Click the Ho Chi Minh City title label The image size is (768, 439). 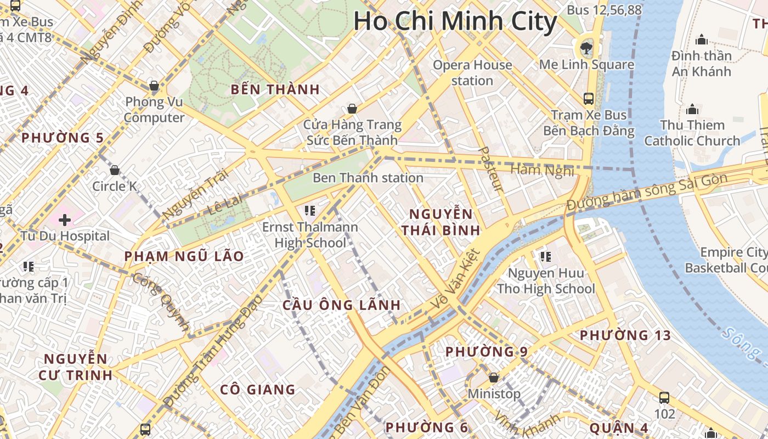(455, 22)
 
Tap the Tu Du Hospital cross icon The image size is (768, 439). (65, 220)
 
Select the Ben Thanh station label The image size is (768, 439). (368, 178)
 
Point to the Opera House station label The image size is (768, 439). (472, 72)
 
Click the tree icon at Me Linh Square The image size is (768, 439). (586, 47)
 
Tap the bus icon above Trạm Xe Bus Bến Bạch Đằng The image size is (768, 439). (589, 99)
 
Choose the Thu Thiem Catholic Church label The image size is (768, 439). (692, 133)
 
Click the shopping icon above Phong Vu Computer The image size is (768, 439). (154, 86)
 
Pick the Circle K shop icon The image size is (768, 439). (115, 170)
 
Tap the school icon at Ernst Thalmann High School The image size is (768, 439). (309, 210)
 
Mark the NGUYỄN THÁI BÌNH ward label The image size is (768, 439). (441, 222)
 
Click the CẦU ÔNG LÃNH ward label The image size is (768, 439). (341, 305)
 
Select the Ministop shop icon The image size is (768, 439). (494, 378)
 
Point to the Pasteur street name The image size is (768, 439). (490, 169)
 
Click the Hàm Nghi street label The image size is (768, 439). (542, 170)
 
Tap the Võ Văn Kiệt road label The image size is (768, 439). (456, 278)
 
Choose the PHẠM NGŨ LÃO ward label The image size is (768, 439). (184, 256)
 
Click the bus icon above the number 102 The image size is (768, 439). (664, 397)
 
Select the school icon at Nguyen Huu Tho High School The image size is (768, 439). (545, 256)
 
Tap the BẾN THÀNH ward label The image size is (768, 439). (275, 89)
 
